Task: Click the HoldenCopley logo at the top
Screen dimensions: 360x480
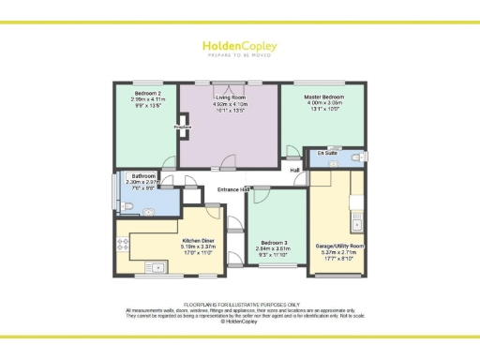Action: (239, 47)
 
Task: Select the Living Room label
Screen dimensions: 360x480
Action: (229, 96)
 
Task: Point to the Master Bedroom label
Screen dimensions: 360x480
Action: (324, 97)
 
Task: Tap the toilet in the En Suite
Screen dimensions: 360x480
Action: (357, 157)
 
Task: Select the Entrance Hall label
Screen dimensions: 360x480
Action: (232, 190)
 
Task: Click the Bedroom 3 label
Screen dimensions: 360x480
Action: (275, 242)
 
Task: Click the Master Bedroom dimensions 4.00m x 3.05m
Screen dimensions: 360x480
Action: (324, 102)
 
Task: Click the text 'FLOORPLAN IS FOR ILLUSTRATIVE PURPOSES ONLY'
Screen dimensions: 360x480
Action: (240, 304)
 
